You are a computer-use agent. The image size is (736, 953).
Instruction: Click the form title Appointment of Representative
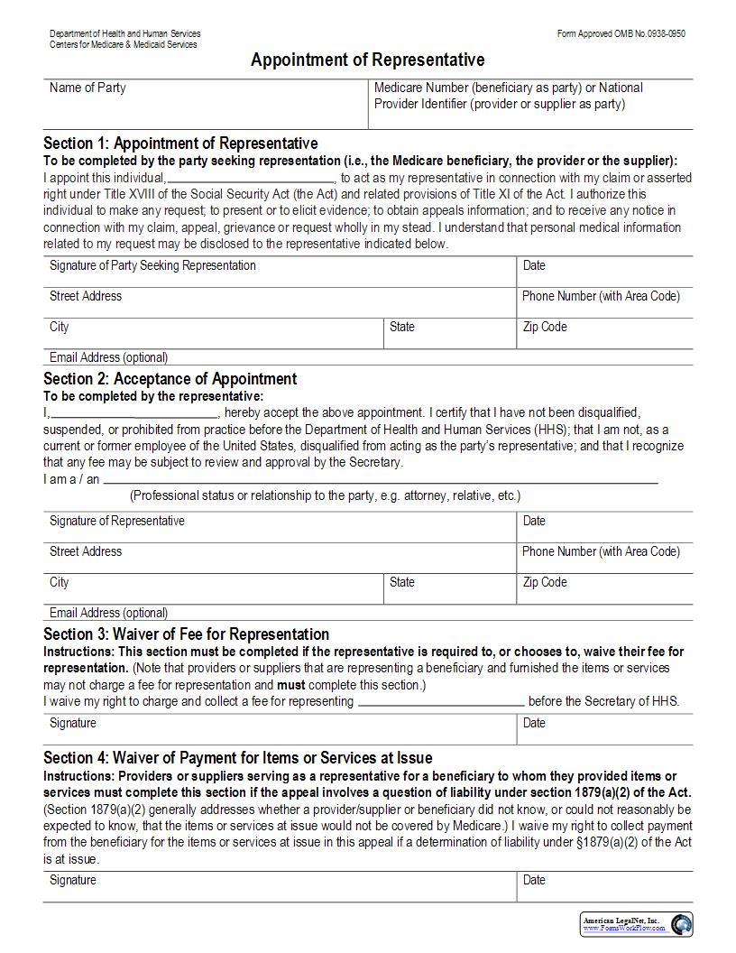pos(367,60)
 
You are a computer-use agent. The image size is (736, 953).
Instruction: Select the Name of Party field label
pos(87,88)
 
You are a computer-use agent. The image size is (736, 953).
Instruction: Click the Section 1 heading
pos(180,143)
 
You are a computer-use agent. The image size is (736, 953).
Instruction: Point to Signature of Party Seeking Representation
pos(152,265)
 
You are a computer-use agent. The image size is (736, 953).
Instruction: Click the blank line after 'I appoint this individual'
pos(252,178)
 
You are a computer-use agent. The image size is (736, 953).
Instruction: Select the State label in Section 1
pos(402,327)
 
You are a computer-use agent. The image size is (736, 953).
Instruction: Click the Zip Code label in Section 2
pos(545,582)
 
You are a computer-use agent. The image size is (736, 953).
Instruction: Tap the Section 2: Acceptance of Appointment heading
pos(170,379)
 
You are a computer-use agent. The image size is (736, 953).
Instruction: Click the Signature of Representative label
pos(116,521)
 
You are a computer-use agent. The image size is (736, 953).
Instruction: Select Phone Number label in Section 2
pos(601,551)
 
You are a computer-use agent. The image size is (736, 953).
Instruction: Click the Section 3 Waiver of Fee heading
pos(186,634)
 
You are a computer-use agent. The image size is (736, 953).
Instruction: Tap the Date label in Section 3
pos(534,723)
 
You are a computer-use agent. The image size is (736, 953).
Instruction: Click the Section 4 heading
pos(237,758)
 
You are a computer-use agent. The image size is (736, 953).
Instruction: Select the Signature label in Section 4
pos(72,879)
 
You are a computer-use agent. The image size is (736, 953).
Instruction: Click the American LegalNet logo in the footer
pos(636,923)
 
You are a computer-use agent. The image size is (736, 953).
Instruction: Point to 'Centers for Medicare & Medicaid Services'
pos(124,44)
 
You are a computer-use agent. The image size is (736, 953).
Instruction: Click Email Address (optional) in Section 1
pos(108,357)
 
